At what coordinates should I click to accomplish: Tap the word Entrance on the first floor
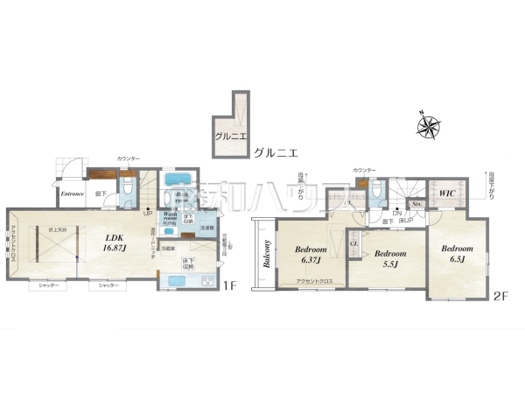pyautogui.click(x=72, y=193)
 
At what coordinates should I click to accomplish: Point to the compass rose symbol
pyautogui.click(x=428, y=127)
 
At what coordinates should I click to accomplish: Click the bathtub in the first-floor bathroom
pyautogui.click(x=178, y=180)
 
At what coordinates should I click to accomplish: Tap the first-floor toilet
pyautogui.click(x=128, y=187)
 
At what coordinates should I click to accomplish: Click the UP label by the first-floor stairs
pyautogui.click(x=148, y=213)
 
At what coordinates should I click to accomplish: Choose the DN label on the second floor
pyautogui.click(x=397, y=213)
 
